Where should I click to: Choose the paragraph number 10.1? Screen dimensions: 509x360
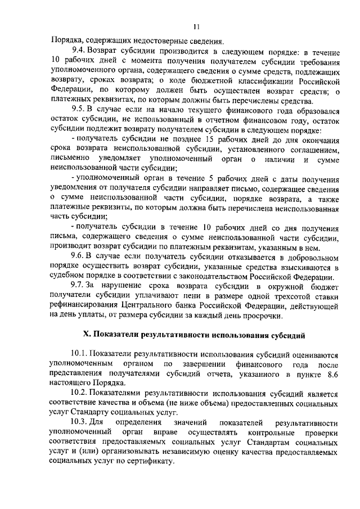(81, 355)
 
